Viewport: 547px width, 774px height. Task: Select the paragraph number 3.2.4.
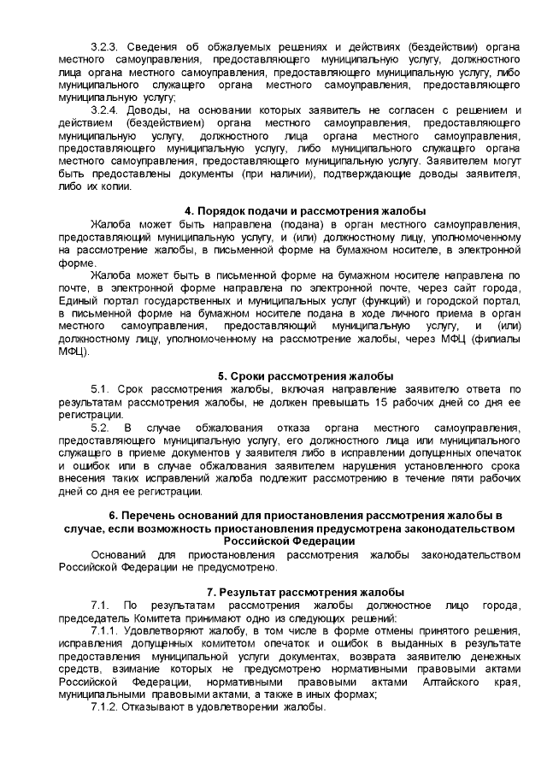click(x=105, y=110)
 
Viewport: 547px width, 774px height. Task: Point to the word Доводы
click(x=155, y=110)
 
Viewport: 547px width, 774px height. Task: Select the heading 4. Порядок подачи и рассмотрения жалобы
click(x=305, y=211)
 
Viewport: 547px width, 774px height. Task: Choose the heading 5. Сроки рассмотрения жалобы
click(x=305, y=376)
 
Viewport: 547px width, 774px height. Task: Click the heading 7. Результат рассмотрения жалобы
click(x=305, y=593)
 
